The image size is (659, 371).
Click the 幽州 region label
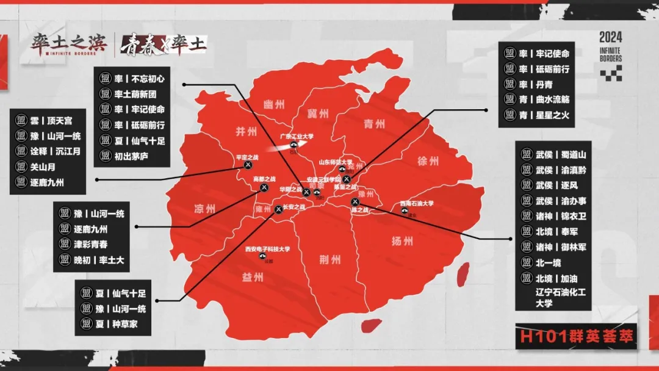point(273,104)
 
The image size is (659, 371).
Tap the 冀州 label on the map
point(320,113)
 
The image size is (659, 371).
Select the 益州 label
point(253,277)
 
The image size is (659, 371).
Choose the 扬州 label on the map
point(403,241)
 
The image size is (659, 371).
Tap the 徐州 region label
point(428,162)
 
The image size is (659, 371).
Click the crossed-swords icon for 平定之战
point(248,165)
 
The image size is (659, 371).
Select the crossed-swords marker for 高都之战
point(264,187)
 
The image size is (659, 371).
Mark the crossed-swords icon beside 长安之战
point(279,209)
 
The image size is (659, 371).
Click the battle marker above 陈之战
point(355,202)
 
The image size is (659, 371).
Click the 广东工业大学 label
point(296,137)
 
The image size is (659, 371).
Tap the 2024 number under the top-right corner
point(610,37)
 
